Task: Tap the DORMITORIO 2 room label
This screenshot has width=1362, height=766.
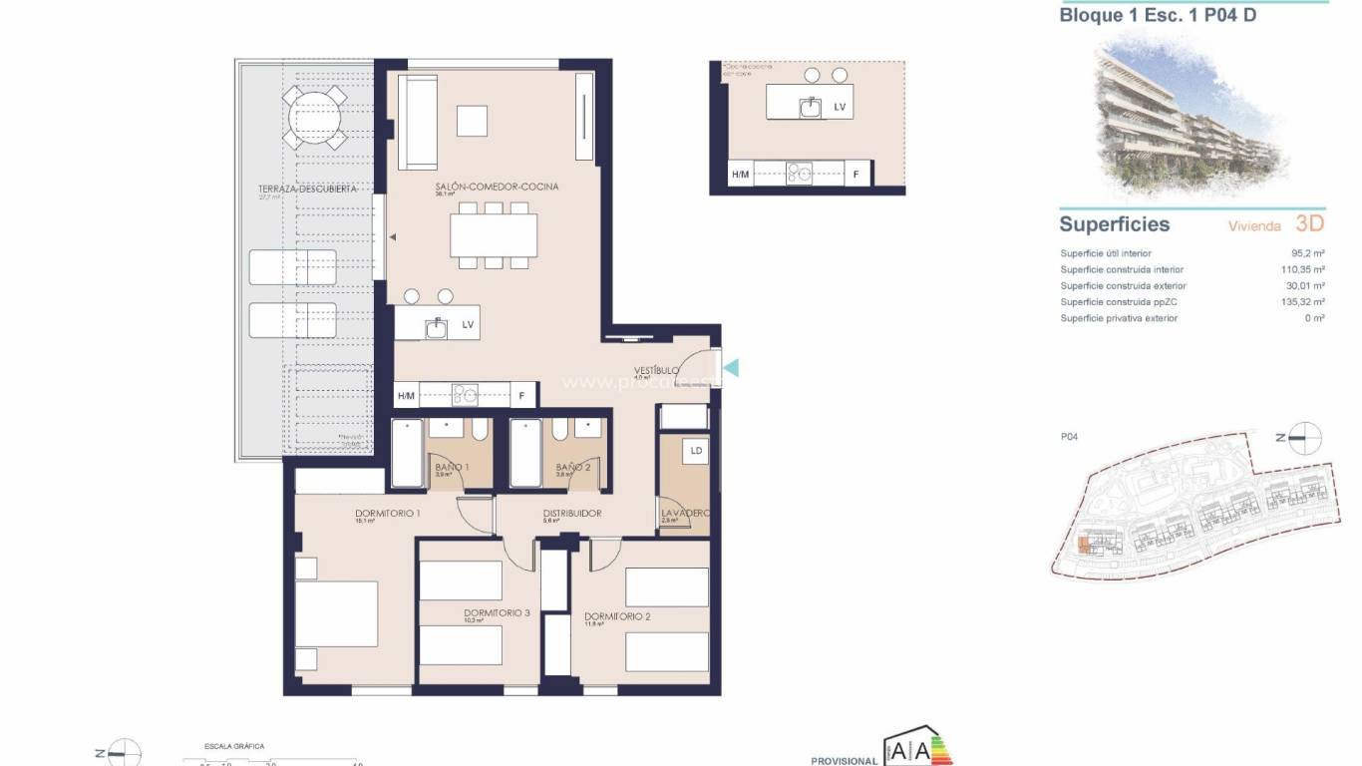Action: click(616, 616)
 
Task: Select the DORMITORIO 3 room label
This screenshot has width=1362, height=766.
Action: click(496, 612)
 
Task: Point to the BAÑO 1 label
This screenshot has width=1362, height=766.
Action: click(451, 467)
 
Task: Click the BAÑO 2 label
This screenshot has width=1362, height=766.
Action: click(572, 467)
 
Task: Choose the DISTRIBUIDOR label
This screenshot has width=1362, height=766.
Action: click(571, 514)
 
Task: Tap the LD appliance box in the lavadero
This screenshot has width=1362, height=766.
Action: click(695, 451)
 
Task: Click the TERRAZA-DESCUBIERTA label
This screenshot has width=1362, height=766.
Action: click(293, 189)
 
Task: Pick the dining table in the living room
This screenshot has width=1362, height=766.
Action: click(494, 236)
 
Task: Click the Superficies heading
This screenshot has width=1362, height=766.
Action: click(1114, 224)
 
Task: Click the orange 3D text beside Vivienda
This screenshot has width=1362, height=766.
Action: click(1310, 224)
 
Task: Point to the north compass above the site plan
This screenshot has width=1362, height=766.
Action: click(1304, 438)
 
